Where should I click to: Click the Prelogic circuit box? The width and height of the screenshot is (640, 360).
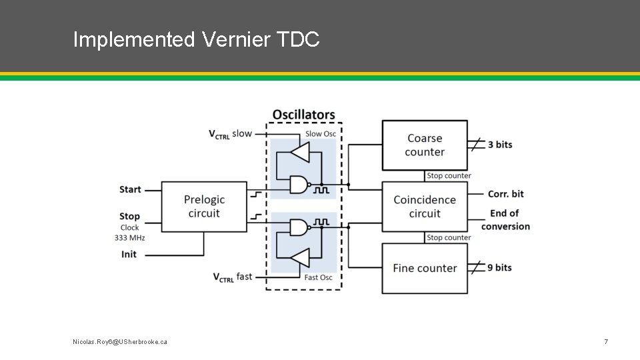click(x=204, y=207)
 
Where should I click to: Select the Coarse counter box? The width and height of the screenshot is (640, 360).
click(x=425, y=145)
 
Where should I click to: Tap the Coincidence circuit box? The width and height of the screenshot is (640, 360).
click(x=425, y=207)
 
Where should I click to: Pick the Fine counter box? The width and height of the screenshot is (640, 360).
click(x=425, y=268)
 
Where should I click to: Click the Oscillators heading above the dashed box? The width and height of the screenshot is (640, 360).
click(x=303, y=115)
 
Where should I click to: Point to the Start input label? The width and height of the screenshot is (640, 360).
click(x=130, y=189)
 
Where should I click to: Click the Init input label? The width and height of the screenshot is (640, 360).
click(x=129, y=254)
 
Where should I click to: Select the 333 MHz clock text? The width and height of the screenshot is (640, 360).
click(x=129, y=237)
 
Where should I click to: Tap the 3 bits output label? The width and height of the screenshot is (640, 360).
click(x=500, y=145)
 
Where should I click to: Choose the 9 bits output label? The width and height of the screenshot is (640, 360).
click(x=500, y=267)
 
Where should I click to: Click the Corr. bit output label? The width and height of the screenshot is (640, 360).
click(x=506, y=194)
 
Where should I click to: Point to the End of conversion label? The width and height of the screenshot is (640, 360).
click(x=505, y=219)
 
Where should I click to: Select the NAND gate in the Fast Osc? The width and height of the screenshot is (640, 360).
click(x=299, y=228)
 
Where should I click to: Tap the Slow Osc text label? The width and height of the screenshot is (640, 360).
click(x=321, y=133)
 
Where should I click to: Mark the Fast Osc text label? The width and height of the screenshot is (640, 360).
click(x=318, y=277)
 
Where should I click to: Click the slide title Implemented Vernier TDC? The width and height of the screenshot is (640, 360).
click(x=197, y=39)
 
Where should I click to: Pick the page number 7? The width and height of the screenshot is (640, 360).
click(x=605, y=341)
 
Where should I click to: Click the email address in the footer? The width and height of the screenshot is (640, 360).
click(x=120, y=341)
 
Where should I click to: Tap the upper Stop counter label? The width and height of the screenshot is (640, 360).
click(x=449, y=176)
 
